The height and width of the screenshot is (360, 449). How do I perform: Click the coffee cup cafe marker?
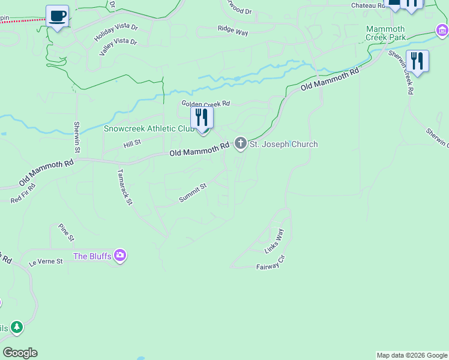(x=57, y=16)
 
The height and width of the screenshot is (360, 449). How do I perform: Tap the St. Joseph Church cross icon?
(x=241, y=143)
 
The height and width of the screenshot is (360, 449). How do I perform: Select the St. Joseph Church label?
(x=283, y=144)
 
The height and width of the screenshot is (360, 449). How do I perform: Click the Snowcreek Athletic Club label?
(x=148, y=128)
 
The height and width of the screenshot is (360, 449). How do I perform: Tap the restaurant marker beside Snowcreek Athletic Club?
(x=202, y=118)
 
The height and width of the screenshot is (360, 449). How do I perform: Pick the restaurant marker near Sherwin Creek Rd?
(x=417, y=61)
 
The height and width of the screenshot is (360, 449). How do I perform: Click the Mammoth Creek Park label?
(x=385, y=33)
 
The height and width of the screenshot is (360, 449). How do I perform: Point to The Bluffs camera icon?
(x=120, y=256)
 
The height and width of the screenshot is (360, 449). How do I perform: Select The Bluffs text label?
(x=92, y=256)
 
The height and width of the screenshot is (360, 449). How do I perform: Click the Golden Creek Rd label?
(x=206, y=104)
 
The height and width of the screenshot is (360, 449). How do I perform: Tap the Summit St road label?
(x=193, y=193)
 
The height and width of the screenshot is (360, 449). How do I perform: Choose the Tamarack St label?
(x=124, y=187)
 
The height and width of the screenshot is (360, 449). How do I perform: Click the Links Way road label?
(x=274, y=240)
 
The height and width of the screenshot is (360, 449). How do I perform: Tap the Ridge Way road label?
(x=233, y=31)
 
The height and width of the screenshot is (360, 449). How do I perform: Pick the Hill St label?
(x=132, y=143)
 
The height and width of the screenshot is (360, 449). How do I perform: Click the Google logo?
(x=20, y=353)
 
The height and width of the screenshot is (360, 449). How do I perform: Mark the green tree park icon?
(x=17, y=327)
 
